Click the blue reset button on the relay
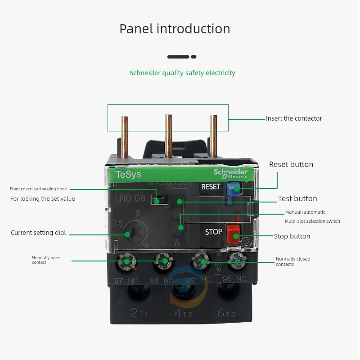(x=232, y=189)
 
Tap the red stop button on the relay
(x=232, y=233)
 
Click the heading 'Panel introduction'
(x=175, y=29)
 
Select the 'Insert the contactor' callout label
(x=294, y=118)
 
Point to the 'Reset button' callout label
(x=291, y=164)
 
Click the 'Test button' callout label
(x=297, y=198)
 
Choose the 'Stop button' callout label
(x=292, y=236)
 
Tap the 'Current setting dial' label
(x=38, y=233)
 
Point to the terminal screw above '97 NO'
(x=127, y=261)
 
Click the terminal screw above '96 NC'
(x=236, y=261)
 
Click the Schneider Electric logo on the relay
(x=230, y=174)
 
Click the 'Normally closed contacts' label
(x=293, y=261)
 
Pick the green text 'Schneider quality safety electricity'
(x=182, y=73)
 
